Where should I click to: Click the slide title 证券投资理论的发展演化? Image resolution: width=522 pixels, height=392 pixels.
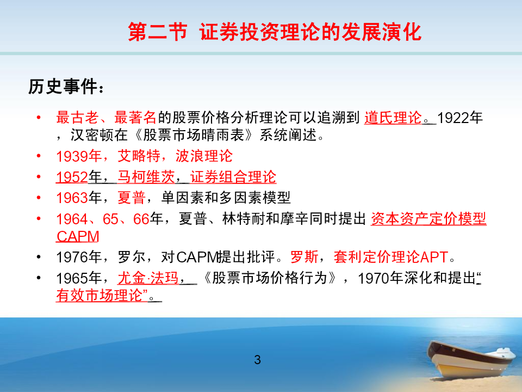[310, 32]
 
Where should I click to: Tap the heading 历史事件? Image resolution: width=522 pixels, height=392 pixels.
[63, 87]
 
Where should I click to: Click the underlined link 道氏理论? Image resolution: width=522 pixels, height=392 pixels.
[393, 118]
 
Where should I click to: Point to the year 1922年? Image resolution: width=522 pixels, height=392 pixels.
[460, 118]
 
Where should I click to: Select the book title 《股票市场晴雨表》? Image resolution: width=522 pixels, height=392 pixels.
[194, 135]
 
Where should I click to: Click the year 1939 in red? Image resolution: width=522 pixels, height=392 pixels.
[72, 156]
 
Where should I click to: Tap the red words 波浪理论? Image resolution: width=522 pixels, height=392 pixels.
[204, 156]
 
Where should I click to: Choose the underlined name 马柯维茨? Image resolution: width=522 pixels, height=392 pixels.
[146, 176]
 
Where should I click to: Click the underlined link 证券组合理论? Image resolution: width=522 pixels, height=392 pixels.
[233, 176]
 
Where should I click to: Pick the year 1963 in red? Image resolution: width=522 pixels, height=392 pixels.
[72, 198]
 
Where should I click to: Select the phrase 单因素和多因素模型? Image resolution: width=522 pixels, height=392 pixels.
[226, 198]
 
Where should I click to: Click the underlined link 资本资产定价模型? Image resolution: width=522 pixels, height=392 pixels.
[428, 219]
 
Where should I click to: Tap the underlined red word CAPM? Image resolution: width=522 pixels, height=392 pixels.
[78, 236]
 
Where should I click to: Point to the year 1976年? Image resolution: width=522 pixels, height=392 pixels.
[79, 257]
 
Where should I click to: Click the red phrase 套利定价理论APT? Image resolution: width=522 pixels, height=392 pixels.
[391, 257]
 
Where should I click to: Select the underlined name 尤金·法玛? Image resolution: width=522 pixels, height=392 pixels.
[148, 278]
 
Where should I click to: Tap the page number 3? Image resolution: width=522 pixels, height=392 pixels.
[257, 360]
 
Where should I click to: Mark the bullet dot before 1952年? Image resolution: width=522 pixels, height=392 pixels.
[39, 176]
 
